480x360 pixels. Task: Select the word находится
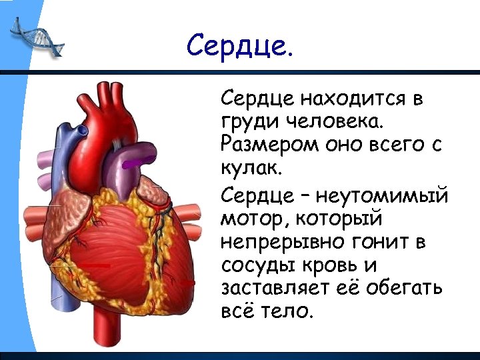[355, 101]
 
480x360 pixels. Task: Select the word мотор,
[251, 219]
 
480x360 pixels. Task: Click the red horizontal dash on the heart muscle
[98, 265]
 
